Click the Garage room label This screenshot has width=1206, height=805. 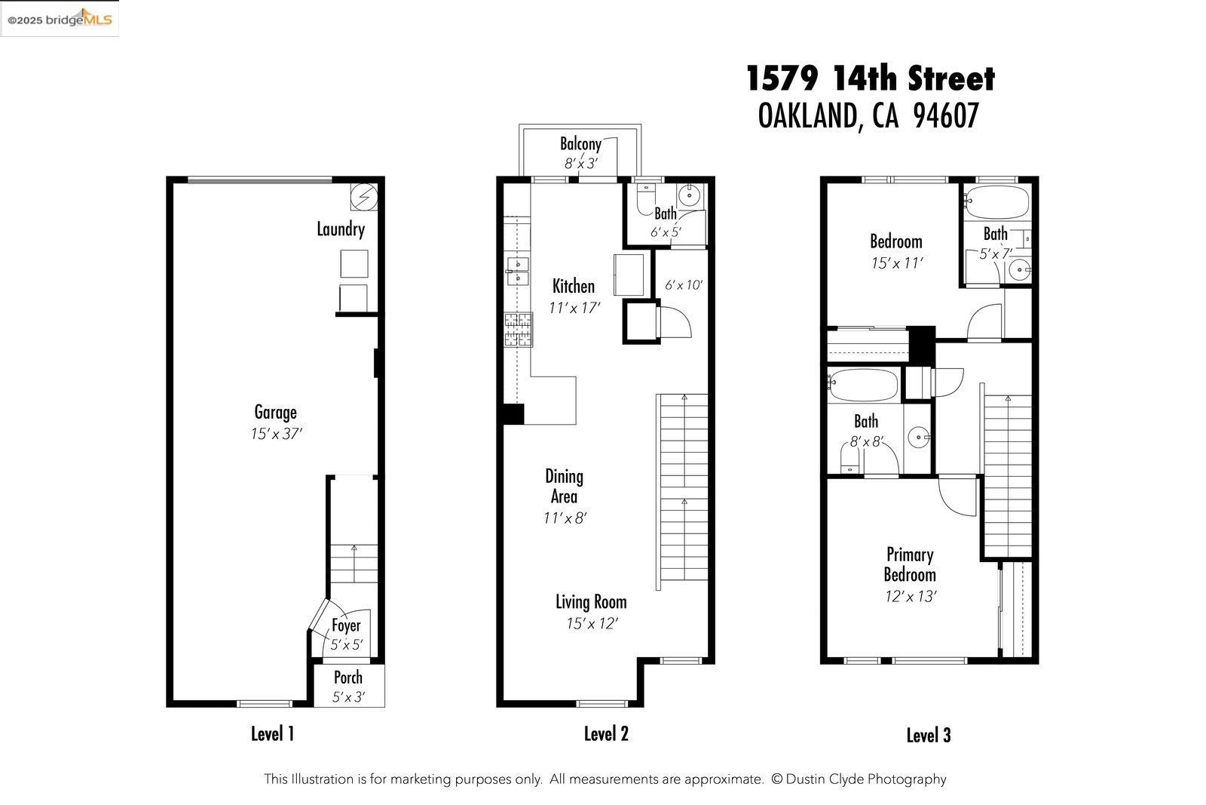coord(275,412)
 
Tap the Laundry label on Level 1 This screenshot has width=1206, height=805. coord(341,229)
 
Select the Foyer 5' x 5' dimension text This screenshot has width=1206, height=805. coord(347,645)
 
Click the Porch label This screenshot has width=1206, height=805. coord(348,677)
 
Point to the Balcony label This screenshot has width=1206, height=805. coord(580,143)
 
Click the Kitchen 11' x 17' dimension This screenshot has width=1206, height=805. coord(574,307)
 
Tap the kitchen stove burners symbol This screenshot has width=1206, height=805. coord(518,330)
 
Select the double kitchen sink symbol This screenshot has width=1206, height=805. coord(519,271)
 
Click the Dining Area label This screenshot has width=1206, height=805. coord(564,486)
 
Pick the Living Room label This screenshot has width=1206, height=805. coord(591,601)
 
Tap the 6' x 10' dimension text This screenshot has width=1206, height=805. coord(683,285)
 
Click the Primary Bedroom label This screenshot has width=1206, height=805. coord(910,564)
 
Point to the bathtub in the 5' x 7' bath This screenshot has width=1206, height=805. coord(995,201)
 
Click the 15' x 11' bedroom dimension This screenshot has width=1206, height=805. coord(896,263)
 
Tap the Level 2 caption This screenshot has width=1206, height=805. coord(606,733)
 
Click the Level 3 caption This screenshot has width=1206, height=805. coord(928,735)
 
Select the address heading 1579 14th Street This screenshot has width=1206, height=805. coord(871,78)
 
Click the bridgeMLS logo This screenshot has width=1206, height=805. coord(60,19)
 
